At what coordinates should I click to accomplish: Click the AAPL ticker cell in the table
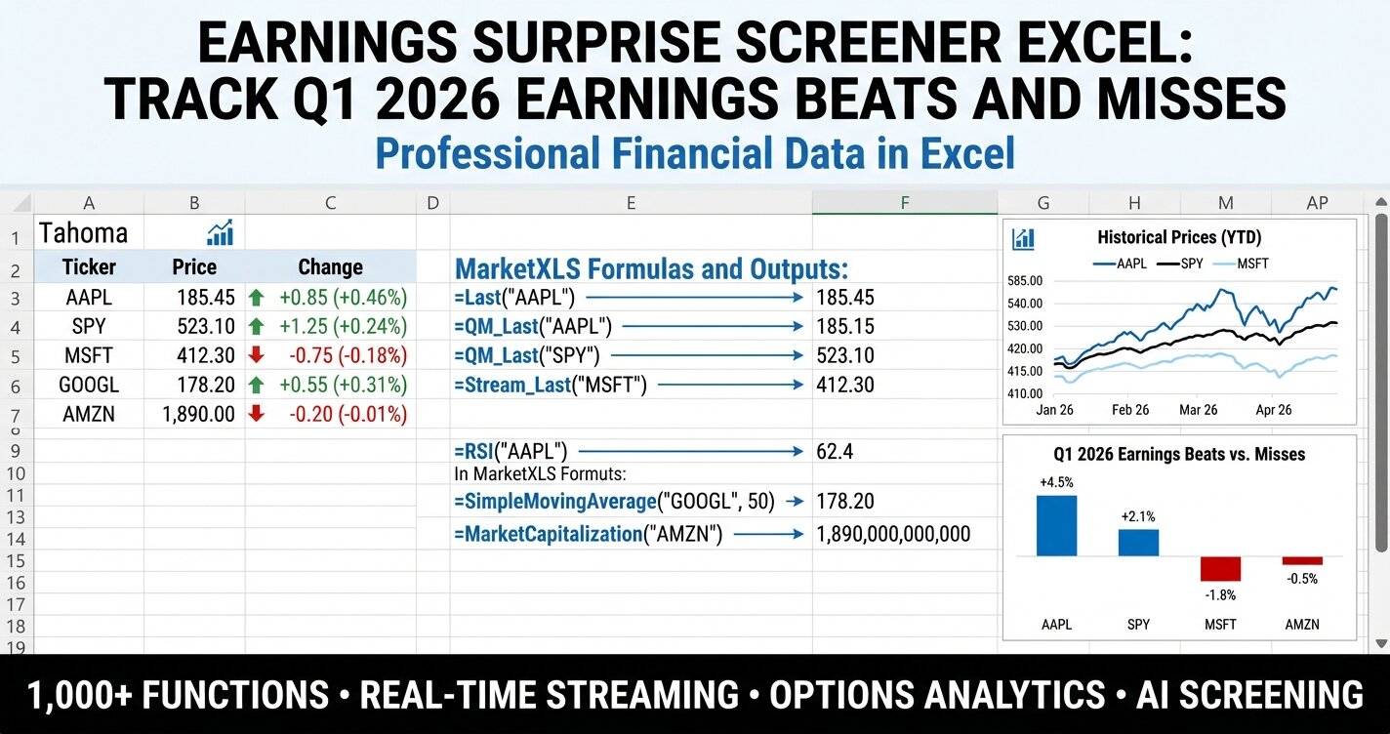coord(89,297)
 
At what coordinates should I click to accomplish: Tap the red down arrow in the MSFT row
coord(257,354)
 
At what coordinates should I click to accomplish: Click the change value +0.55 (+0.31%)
coord(343,385)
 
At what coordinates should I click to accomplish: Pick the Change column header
coord(330,267)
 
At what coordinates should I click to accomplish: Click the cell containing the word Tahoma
coord(83,233)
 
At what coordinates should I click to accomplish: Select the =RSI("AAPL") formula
coord(511,452)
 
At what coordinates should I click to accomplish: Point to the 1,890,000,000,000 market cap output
coord(893,534)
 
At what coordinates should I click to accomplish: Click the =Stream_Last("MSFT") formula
coord(551,385)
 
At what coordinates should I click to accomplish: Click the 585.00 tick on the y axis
coord(1024,281)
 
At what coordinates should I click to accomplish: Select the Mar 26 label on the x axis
coord(1198,410)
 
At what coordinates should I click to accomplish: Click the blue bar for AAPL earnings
coord(1056,525)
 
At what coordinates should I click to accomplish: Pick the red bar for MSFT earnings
coord(1220,569)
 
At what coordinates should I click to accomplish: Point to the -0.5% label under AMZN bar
coord(1301,579)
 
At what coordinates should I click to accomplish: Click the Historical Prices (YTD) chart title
coord(1179,237)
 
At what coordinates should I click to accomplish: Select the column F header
coord(904,203)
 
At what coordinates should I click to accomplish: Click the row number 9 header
coord(16,452)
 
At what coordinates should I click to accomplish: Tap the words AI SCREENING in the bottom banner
coord(1249,695)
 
